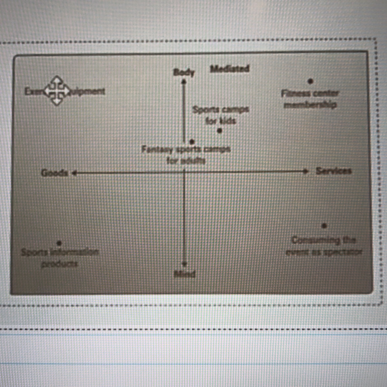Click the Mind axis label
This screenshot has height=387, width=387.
tap(185, 274)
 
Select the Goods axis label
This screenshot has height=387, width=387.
tap(55, 173)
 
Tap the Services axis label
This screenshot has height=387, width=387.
tap(334, 171)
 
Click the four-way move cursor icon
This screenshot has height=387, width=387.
tap(57, 91)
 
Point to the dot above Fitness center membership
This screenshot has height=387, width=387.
tap(310, 81)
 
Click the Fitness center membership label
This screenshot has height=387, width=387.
tap(310, 99)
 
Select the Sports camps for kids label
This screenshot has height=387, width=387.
tap(220, 115)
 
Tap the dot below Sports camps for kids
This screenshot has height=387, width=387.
tap(220, 131)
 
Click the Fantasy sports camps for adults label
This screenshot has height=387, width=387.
tap(186, 155)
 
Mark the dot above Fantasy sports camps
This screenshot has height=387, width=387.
tap(192, 142)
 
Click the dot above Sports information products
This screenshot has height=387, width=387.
tap(59, 243)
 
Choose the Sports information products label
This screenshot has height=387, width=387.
tap(60, 258)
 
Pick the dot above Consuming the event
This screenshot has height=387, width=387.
tap(324, 226)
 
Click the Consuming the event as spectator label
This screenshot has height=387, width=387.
tap(324, 246)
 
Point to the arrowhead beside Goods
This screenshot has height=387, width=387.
tap(74, 173)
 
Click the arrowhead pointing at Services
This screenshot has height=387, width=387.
tap(305, 171)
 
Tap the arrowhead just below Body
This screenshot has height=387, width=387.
tap(184, 82)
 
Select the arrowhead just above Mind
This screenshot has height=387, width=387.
tap(184, 264)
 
